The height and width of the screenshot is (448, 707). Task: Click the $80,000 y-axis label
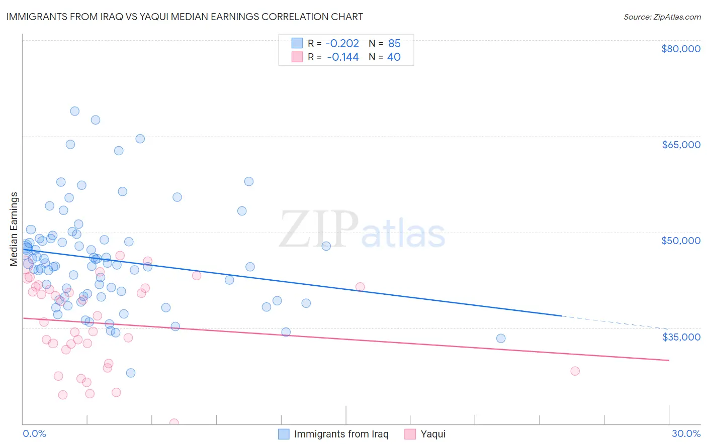click(x=680, y=49)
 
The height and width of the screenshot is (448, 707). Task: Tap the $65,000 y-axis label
click(x=680, y=145)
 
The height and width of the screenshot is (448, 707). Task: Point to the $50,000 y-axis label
click(x=680, y=241)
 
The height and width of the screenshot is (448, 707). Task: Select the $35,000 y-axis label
click(x=680, y=337)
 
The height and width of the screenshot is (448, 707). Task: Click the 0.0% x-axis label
click(x=34, y=433)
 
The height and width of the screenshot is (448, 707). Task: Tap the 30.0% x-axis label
click(x=686, y=433)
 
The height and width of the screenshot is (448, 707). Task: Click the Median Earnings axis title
click(x=14, y=229)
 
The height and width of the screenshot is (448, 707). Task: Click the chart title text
click(x=185, y=17)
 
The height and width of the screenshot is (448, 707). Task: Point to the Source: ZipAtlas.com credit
click(x=662, y=17)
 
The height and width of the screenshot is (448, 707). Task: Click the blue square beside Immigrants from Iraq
click(x=284, y=434)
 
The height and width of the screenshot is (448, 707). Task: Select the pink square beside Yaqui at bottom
click(x=410, y=434)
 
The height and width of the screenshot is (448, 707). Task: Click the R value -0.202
click(x=342, y=44)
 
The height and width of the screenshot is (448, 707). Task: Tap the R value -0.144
click(x=342, y=57)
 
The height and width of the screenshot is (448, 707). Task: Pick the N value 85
click(x=394, y=44)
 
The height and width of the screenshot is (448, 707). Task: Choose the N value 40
click(x=394, y=57)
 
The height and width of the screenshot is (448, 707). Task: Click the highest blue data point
click(x=74, y=111)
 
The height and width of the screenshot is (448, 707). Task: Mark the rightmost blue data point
click(x=501, y=339)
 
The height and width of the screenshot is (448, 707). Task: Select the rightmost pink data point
click(x=575, y=371)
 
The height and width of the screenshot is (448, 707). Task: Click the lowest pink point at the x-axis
click(x=174, y=423)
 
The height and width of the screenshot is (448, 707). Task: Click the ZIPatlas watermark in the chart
click(x=362, y=230)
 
